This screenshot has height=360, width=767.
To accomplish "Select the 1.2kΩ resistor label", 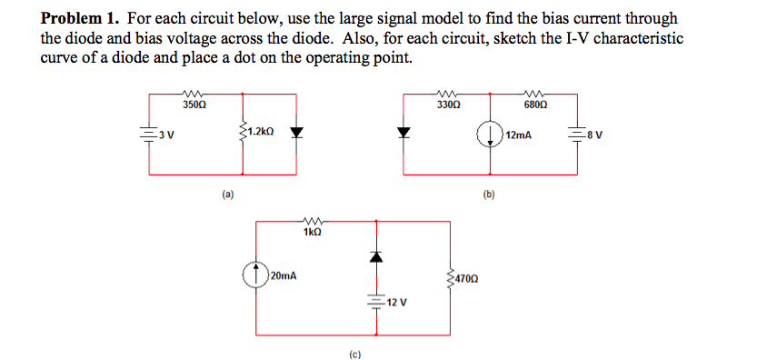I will click(260, 133).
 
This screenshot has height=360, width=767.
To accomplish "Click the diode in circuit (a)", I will click(296, 133).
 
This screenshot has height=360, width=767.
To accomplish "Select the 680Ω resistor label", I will click(535, 105).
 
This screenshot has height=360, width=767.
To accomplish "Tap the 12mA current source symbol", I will click(492, 135).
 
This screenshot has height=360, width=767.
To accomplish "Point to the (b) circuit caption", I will click(489, 194).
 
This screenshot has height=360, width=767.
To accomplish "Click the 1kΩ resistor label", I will click(311, 234).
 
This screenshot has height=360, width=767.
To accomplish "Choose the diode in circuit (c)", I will click(373, 258).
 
